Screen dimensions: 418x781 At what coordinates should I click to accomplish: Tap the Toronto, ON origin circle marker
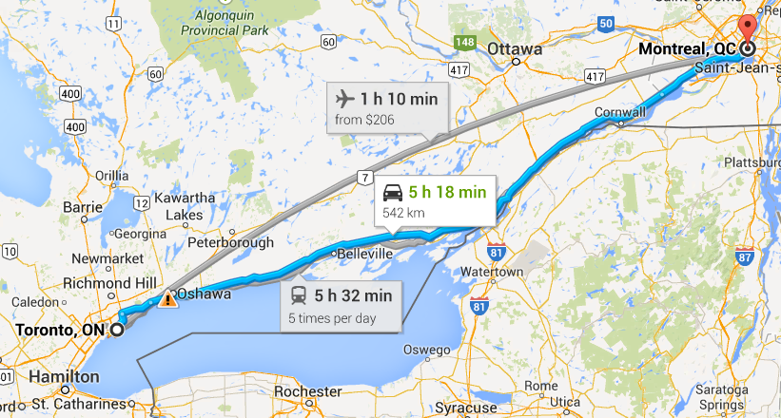pos(117,330)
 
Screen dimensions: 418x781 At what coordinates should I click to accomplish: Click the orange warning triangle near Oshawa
pos(167,298)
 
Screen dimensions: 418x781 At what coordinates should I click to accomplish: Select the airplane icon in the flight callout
pos(343,98)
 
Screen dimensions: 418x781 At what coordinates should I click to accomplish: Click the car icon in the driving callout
pos(391,193)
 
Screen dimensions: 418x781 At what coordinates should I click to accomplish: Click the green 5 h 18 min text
pos(447,193)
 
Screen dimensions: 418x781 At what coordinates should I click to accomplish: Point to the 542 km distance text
pos(401,212)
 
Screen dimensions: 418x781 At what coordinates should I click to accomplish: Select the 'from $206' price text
pos(364,120)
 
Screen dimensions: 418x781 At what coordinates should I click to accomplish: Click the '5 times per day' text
pos(332,317)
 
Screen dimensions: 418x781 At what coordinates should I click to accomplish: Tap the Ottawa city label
pos(514,48)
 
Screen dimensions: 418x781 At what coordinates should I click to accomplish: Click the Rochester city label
pos(307,391)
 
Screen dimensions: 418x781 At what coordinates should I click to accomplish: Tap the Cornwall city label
pos(619,111)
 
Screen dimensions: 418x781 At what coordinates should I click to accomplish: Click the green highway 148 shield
pos(465,43)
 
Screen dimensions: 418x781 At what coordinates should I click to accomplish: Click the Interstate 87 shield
pos(745,256)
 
